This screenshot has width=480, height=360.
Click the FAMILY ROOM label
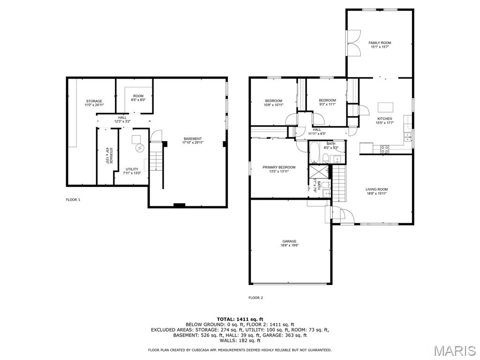379,43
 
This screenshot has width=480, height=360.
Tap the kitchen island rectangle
385,106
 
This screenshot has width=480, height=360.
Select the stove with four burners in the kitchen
384,149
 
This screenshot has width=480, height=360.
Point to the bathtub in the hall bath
315,152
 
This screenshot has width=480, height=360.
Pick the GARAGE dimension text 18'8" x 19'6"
289,245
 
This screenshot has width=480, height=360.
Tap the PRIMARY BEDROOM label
279,167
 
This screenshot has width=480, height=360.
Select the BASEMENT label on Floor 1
193,139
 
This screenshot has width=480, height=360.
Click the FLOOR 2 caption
255,298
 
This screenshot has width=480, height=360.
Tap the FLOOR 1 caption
73,200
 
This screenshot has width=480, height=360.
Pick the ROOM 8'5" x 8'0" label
138,97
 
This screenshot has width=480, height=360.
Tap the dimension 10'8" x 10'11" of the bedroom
273,105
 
